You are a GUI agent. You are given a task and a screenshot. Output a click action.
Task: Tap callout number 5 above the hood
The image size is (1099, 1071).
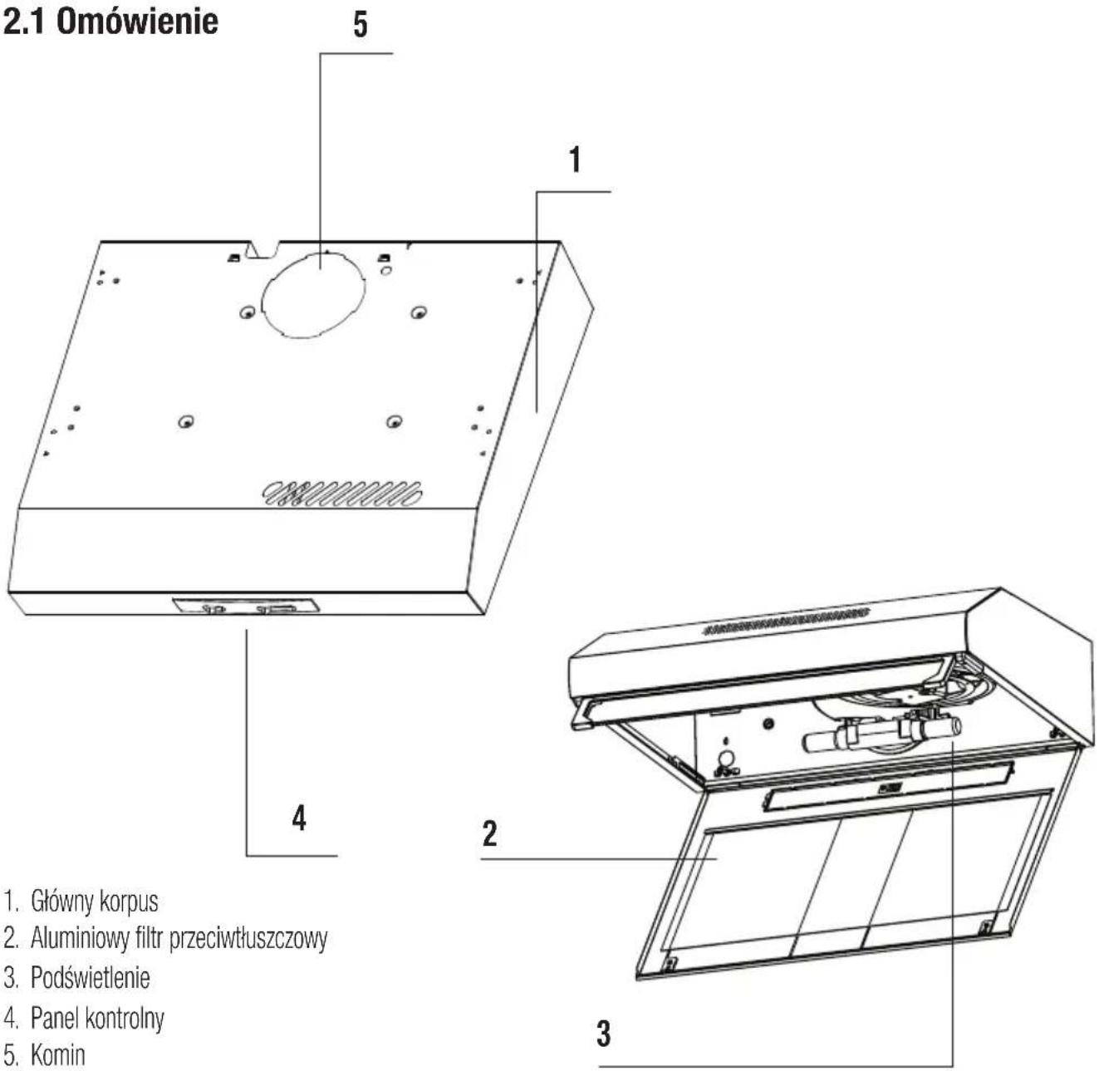tap(360, 24)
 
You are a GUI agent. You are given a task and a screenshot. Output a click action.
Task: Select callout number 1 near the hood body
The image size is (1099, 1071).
tap(574, 159)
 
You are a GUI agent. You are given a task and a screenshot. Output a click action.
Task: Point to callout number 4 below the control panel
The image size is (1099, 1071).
tap(299, 818)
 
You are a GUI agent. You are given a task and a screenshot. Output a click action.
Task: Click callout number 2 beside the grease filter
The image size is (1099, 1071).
tap(489, 833)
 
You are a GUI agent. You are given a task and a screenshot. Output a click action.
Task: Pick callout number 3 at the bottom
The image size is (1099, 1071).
tap(604, 1034)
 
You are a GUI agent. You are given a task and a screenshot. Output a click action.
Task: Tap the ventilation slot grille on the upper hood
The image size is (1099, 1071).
tap(341, 494)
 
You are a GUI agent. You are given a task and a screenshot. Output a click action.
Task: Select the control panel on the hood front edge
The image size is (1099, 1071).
tap(246, 606)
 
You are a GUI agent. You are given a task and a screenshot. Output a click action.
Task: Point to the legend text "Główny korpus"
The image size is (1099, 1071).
tap(94, 901)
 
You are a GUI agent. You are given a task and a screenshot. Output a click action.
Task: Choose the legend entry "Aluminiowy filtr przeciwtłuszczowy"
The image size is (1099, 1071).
tap(179, 938)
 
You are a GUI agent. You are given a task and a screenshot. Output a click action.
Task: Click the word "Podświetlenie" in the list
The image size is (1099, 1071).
tap(90, 977)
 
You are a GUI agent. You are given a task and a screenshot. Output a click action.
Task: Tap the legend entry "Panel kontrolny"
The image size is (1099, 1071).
tap(97, 1017)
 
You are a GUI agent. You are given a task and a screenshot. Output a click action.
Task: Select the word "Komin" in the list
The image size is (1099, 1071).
tap(57, 1055)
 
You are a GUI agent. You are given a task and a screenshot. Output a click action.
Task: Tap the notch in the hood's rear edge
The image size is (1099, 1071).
tap(264, 248)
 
